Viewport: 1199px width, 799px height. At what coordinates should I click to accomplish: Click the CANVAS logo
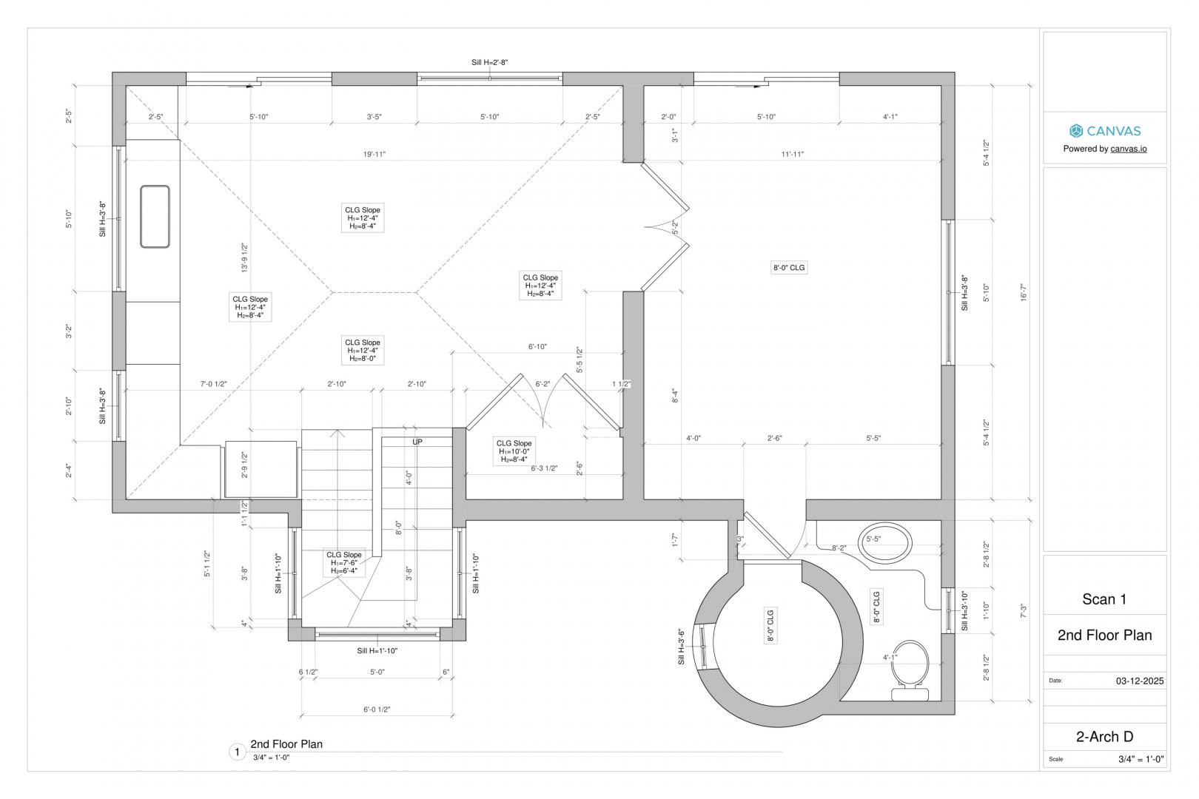click(x=1105, y=131)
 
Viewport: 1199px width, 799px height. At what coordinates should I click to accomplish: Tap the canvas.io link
click(x=1129, y=149)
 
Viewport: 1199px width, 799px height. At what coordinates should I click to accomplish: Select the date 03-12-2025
click(x=1140, y=681)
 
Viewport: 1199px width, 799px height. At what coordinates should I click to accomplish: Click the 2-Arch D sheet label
click(x=1104, y=737)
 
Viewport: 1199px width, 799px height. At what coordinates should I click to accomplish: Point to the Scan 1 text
click(x=1104, y=599)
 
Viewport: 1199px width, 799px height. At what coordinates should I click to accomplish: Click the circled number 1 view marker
click(x=237, y=752)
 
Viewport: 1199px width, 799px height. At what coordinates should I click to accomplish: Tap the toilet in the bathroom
click(x=910, y=670)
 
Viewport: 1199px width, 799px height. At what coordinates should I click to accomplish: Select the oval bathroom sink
click(x=884, y=543)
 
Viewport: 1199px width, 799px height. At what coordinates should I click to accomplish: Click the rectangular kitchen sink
click(x=155, y=217)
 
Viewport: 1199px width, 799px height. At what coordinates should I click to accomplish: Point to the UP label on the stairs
click(x=417, y=442)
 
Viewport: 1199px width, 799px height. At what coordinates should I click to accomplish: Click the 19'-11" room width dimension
click(x=375, y=154)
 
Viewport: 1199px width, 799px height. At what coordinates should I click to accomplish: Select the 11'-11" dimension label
click(x=792, y=154)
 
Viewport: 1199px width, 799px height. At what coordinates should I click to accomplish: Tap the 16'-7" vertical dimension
click(x=1024, y=292)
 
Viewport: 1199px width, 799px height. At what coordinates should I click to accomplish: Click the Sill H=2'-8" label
click(x=490, y=62)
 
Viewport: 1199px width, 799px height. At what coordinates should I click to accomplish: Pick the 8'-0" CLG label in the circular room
click(x=770, y=625)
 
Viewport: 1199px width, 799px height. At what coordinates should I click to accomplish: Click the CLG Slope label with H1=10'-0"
click(x=514, y=451)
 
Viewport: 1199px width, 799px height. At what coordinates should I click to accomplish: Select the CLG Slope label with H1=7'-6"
click(x=344, y=563)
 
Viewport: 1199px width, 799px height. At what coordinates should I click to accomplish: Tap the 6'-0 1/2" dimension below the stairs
click(x=377, y=709)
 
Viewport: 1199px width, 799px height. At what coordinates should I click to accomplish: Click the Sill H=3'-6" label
click(x=682, y=647)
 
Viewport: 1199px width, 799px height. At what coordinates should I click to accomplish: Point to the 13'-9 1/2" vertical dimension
click(x=245, y=258)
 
